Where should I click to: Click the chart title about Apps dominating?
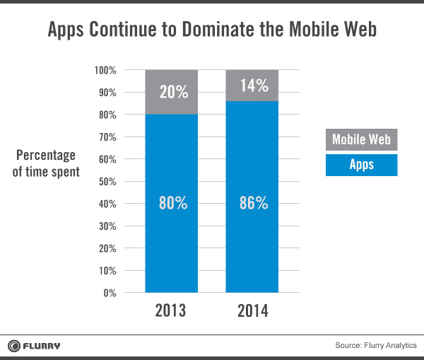[x=212, y=30]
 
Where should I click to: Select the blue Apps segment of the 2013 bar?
[x=171, y=233]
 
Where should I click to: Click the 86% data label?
[x=252, y=203]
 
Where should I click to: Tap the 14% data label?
[x=252, y=86]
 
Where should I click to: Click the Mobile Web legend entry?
[x=361, y=140]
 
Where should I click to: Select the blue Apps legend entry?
[x=361, y=165]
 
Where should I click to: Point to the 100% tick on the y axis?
[x=105, y=70]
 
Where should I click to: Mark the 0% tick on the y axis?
[x=109, y=293]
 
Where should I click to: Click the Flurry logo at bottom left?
[x=34, y=345]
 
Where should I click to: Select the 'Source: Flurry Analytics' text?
[x=376, y=345]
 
